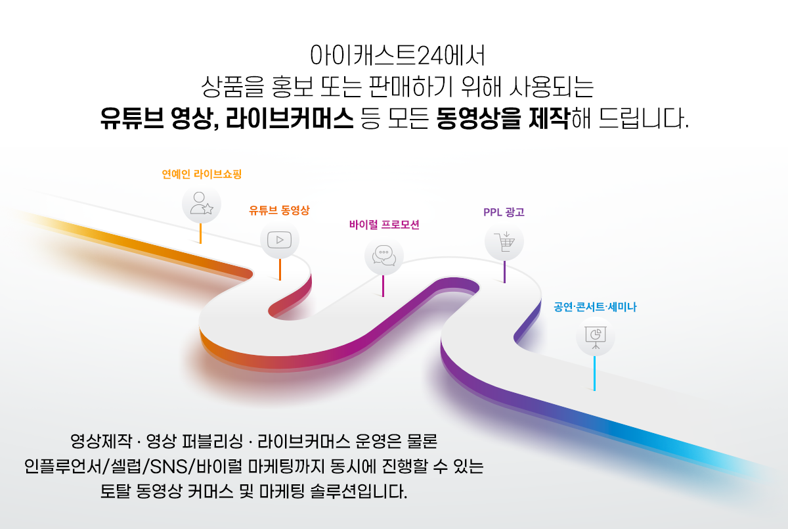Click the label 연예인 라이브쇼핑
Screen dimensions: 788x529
tap(202, 174)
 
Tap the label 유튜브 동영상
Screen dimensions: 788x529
tap(279, 210)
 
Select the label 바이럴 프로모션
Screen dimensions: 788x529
tap(384, 225)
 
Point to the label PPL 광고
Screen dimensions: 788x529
tap(504, 212)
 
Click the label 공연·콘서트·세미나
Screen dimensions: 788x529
tap(595, 307)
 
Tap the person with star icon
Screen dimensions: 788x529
tap(202, 204)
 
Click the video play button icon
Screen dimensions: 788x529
tap(279, 240)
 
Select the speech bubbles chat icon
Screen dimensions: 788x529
tap(383, 256)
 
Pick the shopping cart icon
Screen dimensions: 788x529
tap(504, 242)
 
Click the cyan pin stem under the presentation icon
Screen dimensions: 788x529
tap(594, 373)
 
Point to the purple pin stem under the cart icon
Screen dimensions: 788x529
tap(504, 271)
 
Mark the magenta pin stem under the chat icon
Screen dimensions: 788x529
tap(383, 286)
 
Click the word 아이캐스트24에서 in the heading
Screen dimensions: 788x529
tap(397, 55)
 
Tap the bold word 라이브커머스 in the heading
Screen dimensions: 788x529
tap(290, 118)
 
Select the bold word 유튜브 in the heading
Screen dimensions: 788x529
tap(132, 118)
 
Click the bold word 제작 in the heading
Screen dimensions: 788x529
tap(549, 118)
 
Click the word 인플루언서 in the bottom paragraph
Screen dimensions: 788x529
tap(63, 467)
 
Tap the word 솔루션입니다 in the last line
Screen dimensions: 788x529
tap(359, 492)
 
